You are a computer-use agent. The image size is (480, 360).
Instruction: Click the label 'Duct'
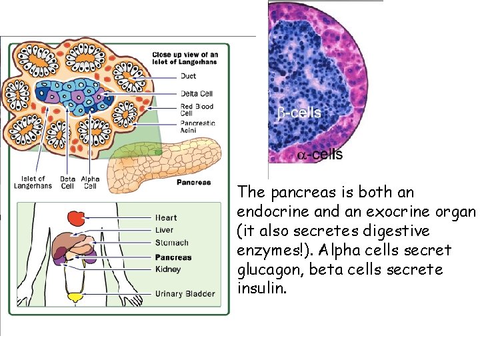click(x=189, y=77)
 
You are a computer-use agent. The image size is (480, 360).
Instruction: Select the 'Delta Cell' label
click(x=196, y=93)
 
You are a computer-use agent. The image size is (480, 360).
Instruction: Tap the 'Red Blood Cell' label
click(x=197, y=110)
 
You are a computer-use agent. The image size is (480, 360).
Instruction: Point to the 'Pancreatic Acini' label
click(x=198, y=127)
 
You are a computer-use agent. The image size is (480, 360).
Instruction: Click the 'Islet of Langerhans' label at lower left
click(x=33, y=182)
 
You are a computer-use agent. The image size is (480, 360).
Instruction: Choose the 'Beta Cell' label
click(x=67, y=182)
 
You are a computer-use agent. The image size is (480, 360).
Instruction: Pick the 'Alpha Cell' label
click(x=89, y=182)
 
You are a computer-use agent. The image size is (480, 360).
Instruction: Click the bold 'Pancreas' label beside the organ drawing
click(x=193, y=182)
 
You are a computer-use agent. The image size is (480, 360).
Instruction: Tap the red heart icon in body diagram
click(x=75, y=218)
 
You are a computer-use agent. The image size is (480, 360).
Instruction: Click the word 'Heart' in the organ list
click(x=166, y=218)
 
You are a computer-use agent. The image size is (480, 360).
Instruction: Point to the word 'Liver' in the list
click(x=164, y=230)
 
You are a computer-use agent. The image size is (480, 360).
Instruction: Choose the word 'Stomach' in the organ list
click(x=172, y=243)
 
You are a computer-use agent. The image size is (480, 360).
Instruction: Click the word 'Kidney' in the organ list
click(x=168, y=269)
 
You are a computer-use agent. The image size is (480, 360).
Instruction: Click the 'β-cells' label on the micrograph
click(x=299, y=113)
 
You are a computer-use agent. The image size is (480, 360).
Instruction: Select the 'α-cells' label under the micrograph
click(x=320, y=155)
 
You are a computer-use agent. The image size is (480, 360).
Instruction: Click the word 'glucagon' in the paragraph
click(x=264, y=270)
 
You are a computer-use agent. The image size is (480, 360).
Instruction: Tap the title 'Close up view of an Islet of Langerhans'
click(x=185, y=59)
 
